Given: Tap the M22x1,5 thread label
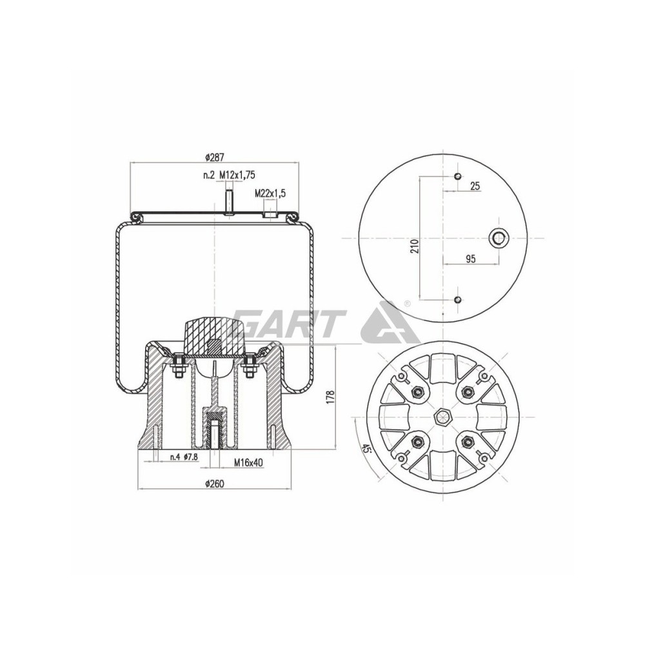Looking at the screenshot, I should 270,193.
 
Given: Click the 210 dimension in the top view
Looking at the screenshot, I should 415,245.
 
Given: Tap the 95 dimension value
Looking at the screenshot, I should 470,259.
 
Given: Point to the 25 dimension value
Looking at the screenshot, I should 475,186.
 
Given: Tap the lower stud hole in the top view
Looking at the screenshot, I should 457,299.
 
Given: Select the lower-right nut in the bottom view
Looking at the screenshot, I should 468,442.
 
